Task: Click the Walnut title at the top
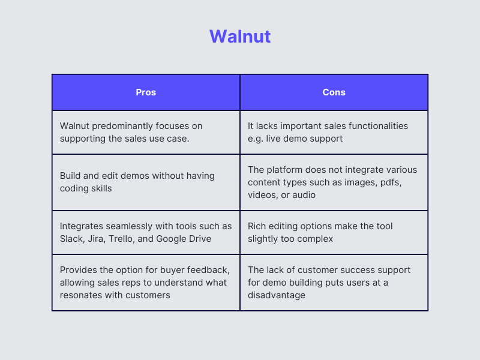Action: tap(240, 37)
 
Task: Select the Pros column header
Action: tap(146, 92)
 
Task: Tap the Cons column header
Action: tap(334, 92)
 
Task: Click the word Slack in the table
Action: tap(72, 238)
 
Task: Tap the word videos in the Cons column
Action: tap(263, 194)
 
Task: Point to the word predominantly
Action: tap(124, 126)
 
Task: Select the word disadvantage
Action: tap(277, 295)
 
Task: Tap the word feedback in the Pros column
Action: tap(209, 271)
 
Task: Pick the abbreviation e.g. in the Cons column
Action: tap(256, 138)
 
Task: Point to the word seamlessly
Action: tap(131, 226)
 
